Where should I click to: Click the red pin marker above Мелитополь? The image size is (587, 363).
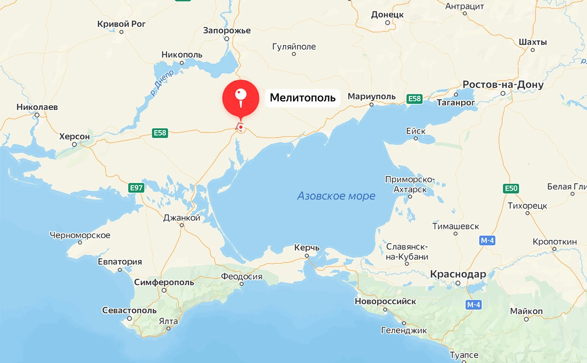click(x=240, y=98)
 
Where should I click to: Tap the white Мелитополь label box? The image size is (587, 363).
click(x=303, y=98)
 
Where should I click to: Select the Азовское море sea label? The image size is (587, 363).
click(x=336, y=196)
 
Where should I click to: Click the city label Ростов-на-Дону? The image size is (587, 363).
click(x=503, y=85)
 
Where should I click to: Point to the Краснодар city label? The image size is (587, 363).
click(x=458, y=274)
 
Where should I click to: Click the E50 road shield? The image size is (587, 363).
click(x=511, y=188)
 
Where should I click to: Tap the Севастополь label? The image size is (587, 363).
click(x=129, y=310)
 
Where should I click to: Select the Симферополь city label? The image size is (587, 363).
click(x=164, y=282)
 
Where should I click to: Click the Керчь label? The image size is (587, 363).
click(x=307, y=248)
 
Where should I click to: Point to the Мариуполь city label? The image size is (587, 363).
click(x=371, y=96)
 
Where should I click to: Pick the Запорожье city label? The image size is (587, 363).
click(x=227, y=30)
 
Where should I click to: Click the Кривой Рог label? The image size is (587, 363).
click(x=122, y=23)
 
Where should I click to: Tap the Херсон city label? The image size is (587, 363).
click(x=74, y=136)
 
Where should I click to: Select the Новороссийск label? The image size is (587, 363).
click(x=385, y=301)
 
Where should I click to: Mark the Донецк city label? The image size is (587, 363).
click(x=387, y=15)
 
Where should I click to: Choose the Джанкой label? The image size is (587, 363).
click(x=181, y=218)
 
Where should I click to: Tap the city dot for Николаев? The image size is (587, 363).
click(x=37, y=115)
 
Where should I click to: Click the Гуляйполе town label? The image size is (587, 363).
click(x=293, y=47)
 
